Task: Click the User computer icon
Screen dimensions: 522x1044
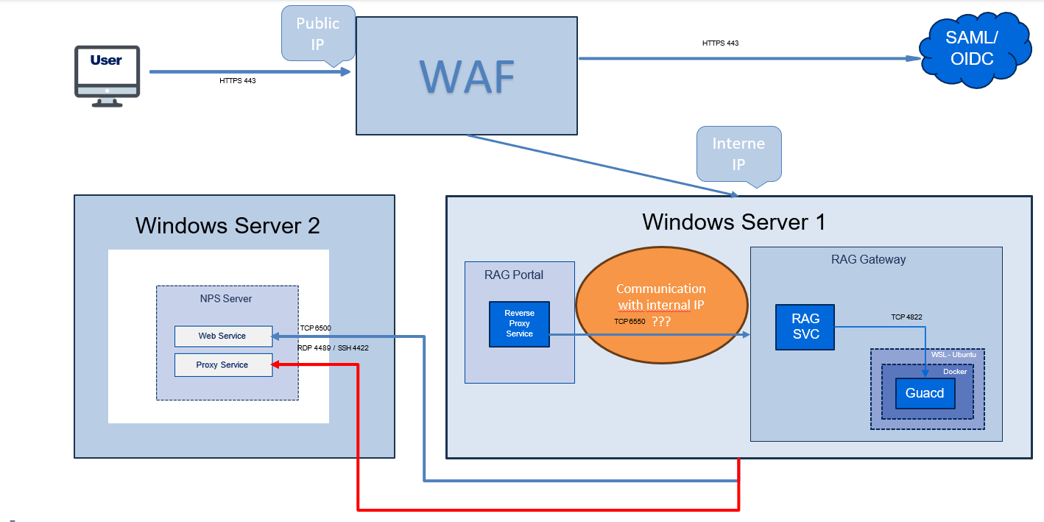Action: [x=107, y=76]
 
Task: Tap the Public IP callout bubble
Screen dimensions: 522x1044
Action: [x=318, y=32]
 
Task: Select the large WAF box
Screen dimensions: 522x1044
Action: [x=467, y=75]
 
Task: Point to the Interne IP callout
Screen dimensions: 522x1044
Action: [x=738, y=152]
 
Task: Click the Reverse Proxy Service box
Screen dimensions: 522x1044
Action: [x=519, y=324]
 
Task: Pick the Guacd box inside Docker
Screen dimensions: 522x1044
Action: [x=924, y=393]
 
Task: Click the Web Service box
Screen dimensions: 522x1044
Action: [x=222, y=336]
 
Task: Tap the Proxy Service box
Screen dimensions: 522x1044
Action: [x=222, y=365]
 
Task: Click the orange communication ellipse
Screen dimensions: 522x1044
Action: [x=661, y=305]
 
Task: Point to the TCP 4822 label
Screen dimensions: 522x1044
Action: [x=906, y=317]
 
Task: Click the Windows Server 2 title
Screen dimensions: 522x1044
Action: [x=228, y=225]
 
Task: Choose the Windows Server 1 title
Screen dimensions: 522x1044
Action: [x=733, y=221]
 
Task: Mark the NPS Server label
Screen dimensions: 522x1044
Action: [x=226, y=298]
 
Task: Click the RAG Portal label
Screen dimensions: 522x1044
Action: [x=514, y=275]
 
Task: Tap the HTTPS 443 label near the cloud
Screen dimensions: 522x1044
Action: [x=720, y=43]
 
